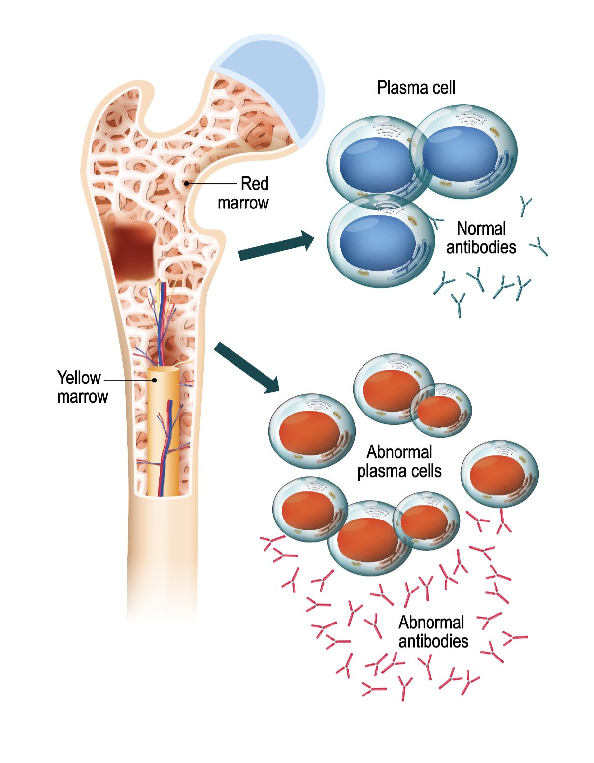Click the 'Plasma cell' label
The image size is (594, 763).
[x=416, y=88]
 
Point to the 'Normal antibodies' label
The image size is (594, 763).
[x=481, y=238]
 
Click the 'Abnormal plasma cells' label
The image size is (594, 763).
[x=399, y=461]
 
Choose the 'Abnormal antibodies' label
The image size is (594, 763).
[x=433, y=631]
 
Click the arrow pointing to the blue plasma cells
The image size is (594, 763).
[x=276, y=246]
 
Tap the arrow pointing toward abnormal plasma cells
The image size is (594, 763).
[x=247, y=368]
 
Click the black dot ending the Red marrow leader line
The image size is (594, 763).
[x=186, y=184]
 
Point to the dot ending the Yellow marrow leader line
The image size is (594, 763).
[x=154, y=380]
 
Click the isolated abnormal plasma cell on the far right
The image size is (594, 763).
[x=498, y=473]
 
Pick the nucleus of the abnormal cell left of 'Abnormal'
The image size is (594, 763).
[x=309, y=433]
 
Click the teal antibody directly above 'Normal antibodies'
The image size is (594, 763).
[x=525, y=206]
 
